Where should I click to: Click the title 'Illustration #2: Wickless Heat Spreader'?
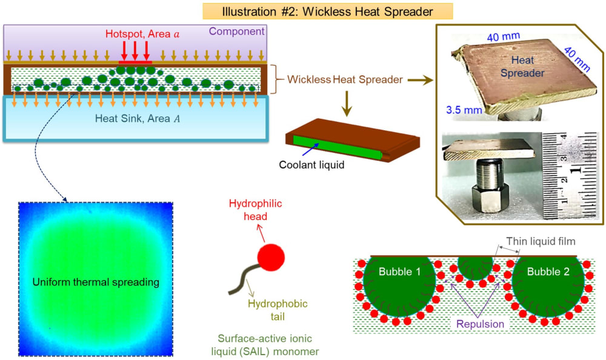pyautogui.click(x=328, y=11)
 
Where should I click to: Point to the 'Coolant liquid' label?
pyautogui.click(x=308, y=164)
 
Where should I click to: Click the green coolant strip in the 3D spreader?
pyautogui.click(x=336, y=148)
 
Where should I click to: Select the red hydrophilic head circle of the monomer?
pyautogui.click(x=271, y=258)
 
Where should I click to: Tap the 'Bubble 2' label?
pyautogui.click(x=548, y=272)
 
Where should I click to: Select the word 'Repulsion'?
pyautogui.click(x=481, y=324)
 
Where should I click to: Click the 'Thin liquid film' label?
pyautogui.click(x=541, y=241)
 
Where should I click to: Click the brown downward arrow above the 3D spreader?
pyautogui.click(x=347, y=104)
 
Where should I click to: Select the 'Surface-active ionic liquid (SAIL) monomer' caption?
pyautogui.click(x=270, y=345)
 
